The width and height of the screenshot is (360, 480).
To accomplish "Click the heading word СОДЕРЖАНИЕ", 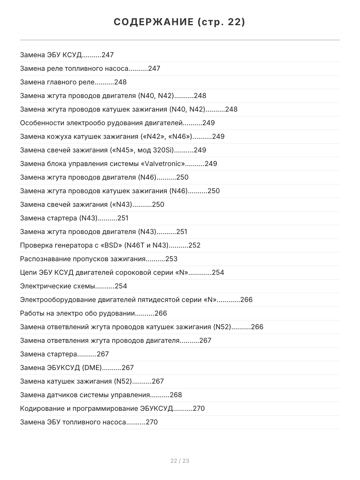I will click(154, 22).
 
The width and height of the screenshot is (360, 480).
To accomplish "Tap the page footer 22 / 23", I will click(180, 461).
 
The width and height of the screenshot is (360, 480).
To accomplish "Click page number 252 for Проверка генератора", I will click(194, 245).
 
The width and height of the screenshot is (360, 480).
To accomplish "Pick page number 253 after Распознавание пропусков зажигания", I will click(171, 259).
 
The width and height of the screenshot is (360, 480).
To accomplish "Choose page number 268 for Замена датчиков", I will click(176, 395).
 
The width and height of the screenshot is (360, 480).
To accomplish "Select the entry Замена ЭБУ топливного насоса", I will click(73, 422).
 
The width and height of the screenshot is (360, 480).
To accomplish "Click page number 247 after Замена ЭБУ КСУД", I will click(108, 55).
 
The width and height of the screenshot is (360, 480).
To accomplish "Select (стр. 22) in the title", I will click(221, 22).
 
